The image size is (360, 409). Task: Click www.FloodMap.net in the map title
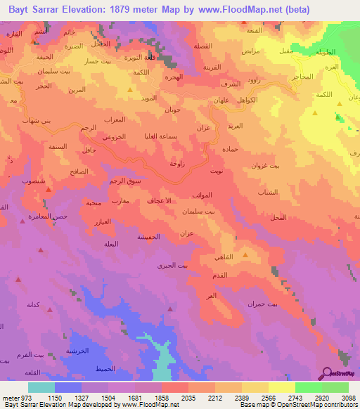(x=262, y=11)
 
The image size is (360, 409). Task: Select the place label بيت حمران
(x=262, y=304)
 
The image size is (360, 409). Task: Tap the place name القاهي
(x=241, y=258)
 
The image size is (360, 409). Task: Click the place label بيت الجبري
(x=173, y=266)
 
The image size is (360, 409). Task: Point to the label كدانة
(x=36, y=304)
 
